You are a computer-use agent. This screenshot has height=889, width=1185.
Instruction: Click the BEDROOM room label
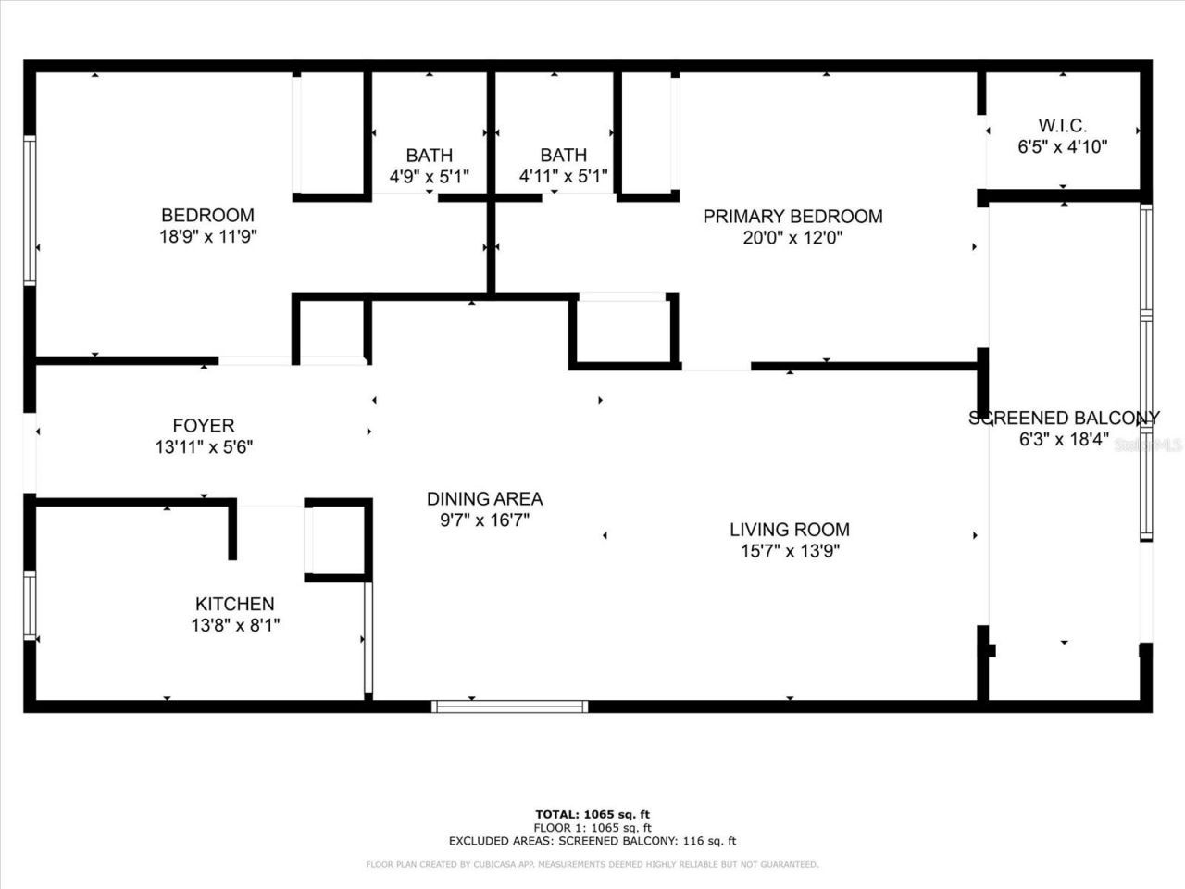point(207,216)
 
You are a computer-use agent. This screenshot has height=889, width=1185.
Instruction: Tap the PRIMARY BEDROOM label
point(792,217)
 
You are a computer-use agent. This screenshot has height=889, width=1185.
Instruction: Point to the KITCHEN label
point(234,604)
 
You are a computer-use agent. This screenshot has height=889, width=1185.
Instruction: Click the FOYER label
point(204,426)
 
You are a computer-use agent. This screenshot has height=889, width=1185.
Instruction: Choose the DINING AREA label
point(484,499)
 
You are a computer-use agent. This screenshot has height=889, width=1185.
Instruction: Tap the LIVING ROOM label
point(789,530)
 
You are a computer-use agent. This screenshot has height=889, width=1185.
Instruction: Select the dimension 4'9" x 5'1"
point(429,176)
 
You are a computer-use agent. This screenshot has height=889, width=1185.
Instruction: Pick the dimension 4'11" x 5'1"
point(563,176)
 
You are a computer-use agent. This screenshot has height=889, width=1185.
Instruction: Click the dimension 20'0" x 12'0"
point(792,237)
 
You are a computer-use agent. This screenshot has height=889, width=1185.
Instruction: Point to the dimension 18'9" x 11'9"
point(207,236)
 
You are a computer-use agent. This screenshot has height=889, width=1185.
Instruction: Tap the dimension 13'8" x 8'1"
point(235,625)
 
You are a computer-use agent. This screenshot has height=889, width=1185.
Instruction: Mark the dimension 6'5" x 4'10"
point(1062,146)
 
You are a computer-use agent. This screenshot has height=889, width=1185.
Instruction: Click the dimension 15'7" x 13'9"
point(789,551)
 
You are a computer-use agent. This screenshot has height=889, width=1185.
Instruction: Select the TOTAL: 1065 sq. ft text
point(592,815)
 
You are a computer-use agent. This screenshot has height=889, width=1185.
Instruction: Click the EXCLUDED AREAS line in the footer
point(592,841)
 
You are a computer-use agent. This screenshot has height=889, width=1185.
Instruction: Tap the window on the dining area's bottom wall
point(510,707)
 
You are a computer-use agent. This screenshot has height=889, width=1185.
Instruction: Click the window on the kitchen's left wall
point(30,606)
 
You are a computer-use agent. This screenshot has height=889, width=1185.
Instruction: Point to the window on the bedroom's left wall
point(30,210)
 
